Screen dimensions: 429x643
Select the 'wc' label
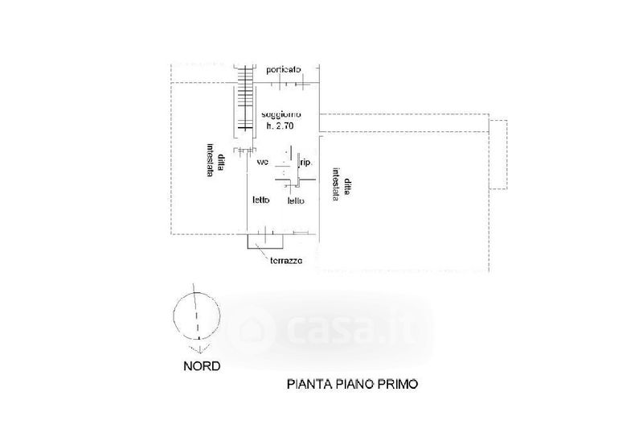tap(262, 163)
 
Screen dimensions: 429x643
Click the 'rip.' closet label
tap(305, 163)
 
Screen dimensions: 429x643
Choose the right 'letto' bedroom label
tap(296, 200)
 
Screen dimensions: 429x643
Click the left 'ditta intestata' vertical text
tap(207, 160)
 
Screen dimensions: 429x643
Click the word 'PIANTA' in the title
tap(306, 385)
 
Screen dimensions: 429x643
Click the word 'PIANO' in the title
tap(350, 385)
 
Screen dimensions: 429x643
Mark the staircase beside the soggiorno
tap(244, 101)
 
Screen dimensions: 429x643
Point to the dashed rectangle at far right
tap(498, 154)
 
